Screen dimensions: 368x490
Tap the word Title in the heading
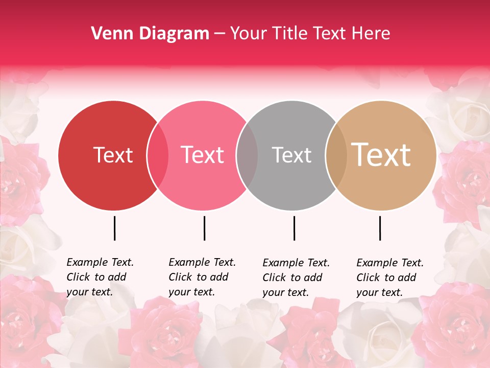pos(290,34)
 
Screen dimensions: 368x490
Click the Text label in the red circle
pos(113,155)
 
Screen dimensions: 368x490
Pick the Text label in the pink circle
pos(202,155)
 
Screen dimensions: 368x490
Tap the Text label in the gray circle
pos(291,155)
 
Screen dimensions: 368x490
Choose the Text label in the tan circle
pos(381,155)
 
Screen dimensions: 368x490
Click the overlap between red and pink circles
pos(158,155)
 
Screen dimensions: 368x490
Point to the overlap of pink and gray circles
pos(247,155)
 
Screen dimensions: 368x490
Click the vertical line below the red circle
pos(114,228)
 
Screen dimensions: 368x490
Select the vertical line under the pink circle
pos(204,228)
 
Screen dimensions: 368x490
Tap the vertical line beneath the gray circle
pos(294,228)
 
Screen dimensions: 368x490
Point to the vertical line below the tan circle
pos(380,228)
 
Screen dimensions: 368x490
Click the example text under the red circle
pos(100,277)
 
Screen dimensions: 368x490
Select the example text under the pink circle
pos(202,277)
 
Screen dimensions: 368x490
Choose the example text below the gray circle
pos(296,278)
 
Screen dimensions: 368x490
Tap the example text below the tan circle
pos(390,278)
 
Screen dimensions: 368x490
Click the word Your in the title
pos(249,34)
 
